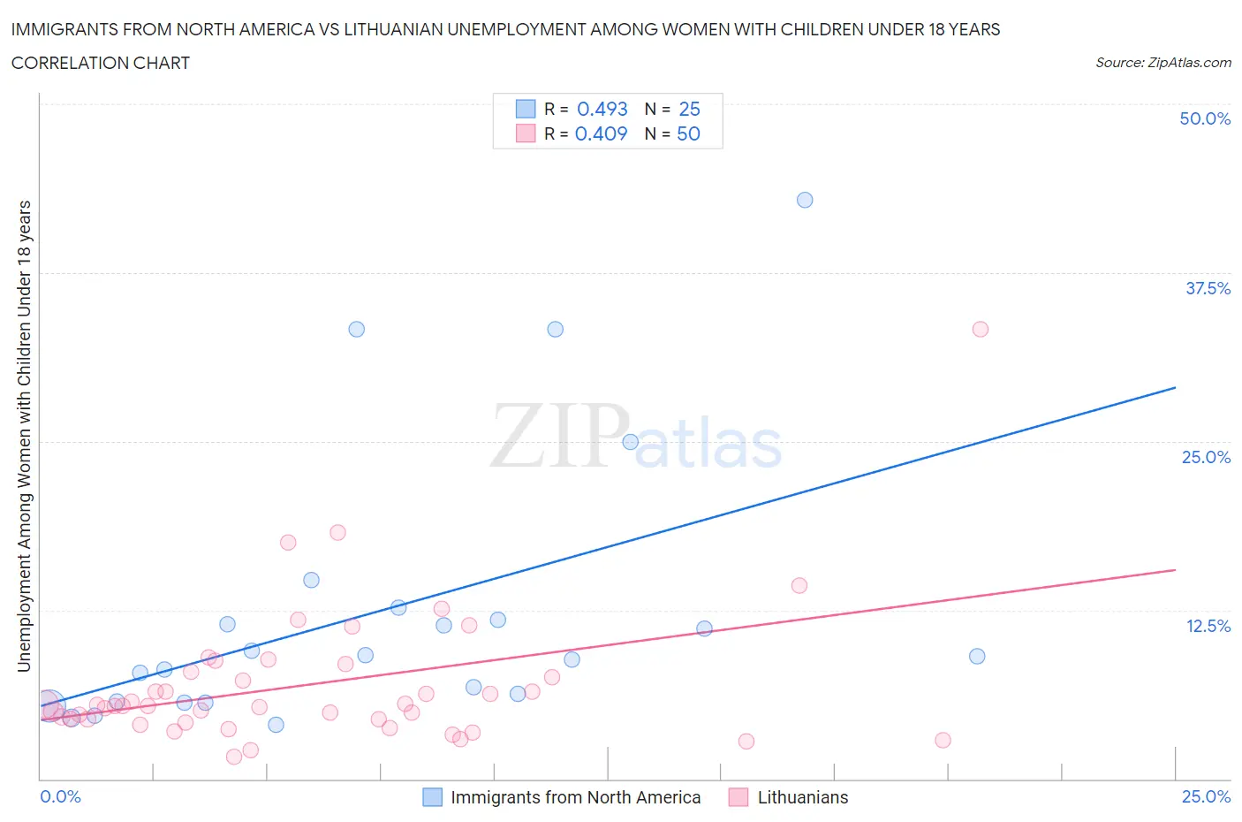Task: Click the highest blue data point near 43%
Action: click(805, 200)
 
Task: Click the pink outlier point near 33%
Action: click(980, 329)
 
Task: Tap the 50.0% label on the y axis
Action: click(1205, 118)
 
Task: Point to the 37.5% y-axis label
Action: click(1208, 288)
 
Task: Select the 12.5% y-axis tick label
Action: click(1208, 626)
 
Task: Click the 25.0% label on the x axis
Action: click(1206, 796)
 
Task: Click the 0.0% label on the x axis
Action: click(60, 796)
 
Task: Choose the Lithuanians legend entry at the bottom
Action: click(802, 797)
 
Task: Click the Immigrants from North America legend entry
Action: click(575, 797)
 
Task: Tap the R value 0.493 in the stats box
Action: click(602, 109)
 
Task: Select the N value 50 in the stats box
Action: click(688, 133)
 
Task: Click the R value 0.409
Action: click(601, 133)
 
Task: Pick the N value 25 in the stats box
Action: click(689, 109)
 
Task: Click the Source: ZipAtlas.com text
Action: click(1162, 62)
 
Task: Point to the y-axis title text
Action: click(24, 436)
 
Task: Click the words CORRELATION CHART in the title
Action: click(101, 63)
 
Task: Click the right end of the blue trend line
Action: click(1175, 387)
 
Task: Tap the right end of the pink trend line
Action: click(1175, 570)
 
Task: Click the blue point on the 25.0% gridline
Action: click(630, 442)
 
